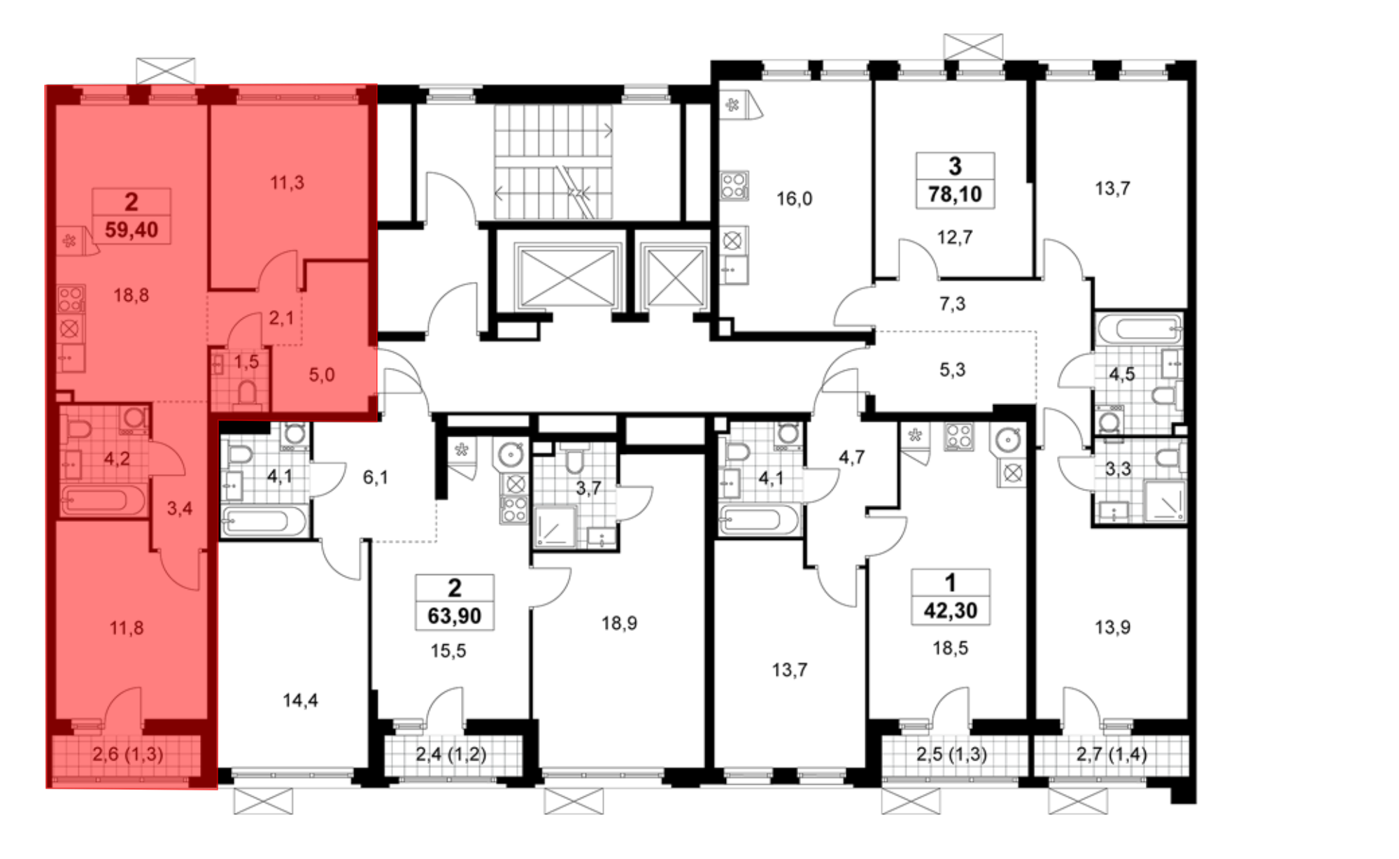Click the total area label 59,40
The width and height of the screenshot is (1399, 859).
pos(132,229)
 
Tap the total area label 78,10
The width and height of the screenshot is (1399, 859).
pos(955,194)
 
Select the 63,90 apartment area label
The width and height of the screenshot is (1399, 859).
pos(455,616)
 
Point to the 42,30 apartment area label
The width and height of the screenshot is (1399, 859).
pos(951,611)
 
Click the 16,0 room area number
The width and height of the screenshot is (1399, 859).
pos(795,199)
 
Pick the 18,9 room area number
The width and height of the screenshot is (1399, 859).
pos(619,623)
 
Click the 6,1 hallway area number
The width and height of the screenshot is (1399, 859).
pos(376,478)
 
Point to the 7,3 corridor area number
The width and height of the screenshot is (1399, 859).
pos(953,304)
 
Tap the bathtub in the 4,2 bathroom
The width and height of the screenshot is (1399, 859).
pos(104,501)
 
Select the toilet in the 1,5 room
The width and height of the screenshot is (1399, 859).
pos(247,393)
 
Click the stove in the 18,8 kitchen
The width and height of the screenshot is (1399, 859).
pos(71,299)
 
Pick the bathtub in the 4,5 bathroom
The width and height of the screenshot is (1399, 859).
pos(1139,329)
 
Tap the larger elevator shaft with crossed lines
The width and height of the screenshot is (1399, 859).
pos(567,277)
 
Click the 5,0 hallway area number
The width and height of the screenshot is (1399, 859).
pos(322,375)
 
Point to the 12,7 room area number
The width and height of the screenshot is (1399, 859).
pos(955,237)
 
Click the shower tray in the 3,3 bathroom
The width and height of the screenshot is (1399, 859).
pos(1165,501)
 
